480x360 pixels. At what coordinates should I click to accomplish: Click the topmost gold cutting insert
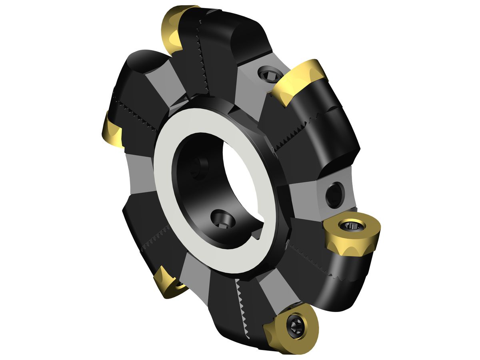coord(173,30)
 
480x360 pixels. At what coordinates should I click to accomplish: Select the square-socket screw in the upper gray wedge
coord(267,74)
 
